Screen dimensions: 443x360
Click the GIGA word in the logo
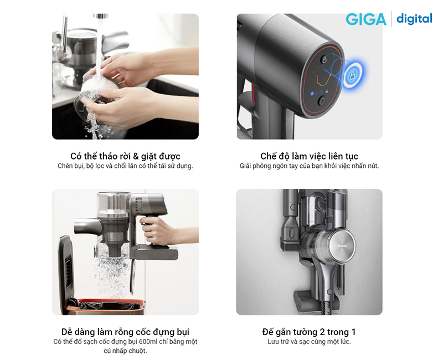coord(366,19)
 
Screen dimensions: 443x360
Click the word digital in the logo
coord(414,19)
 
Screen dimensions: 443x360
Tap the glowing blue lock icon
coord(352,75)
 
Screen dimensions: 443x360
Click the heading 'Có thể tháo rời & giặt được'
coord(126,156)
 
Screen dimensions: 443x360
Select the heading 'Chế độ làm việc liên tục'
coord(310,156)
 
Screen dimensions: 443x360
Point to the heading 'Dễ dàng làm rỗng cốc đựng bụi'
coord(126,332)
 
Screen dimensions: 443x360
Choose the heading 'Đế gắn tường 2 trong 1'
coord(309,332)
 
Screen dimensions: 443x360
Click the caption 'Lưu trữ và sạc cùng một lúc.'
coord(309,342)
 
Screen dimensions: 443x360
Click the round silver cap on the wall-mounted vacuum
coord(342,246)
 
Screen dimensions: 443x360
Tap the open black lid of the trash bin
coord(65,267)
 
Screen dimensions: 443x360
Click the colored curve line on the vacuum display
coord(323,80)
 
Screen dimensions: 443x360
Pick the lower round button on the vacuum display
coord(322,100)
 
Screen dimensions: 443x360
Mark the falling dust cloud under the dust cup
coord(112,275)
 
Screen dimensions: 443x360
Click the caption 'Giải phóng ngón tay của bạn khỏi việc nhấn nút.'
coord(309,166)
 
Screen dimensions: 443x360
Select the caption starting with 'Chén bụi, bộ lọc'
coord(126,166)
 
